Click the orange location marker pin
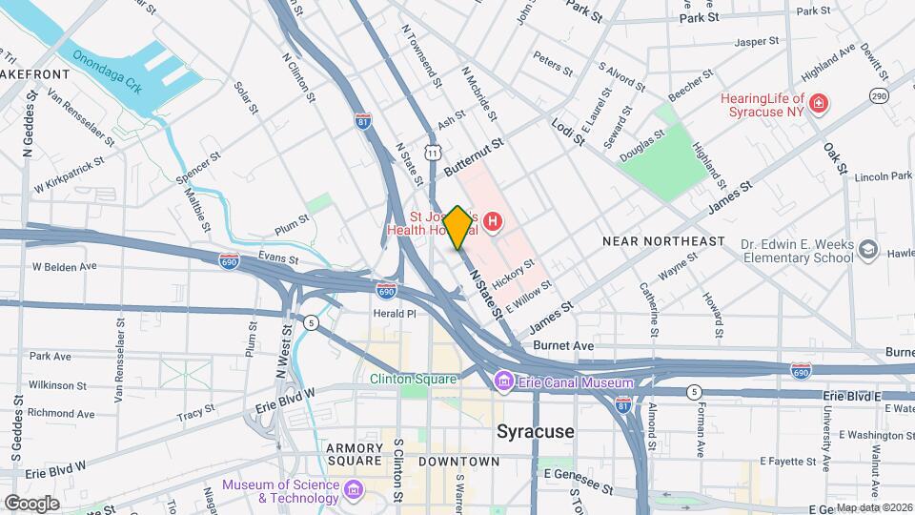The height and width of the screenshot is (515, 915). pos(457,227)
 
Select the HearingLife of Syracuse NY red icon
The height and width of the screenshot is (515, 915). pos(817,103)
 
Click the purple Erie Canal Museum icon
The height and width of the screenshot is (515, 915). pos(504,382)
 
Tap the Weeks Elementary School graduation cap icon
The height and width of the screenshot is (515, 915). pos(867,250)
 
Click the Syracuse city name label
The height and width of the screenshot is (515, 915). pos(536,431)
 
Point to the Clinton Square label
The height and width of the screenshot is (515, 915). pos(414,379)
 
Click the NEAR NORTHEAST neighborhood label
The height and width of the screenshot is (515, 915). pos(663,242)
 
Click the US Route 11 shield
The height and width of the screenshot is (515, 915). pos(434,153)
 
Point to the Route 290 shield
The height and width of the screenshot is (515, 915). pos(878,95)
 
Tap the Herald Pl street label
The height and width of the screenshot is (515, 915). pos(394,313)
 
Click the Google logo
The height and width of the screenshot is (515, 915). pos(30,503)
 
